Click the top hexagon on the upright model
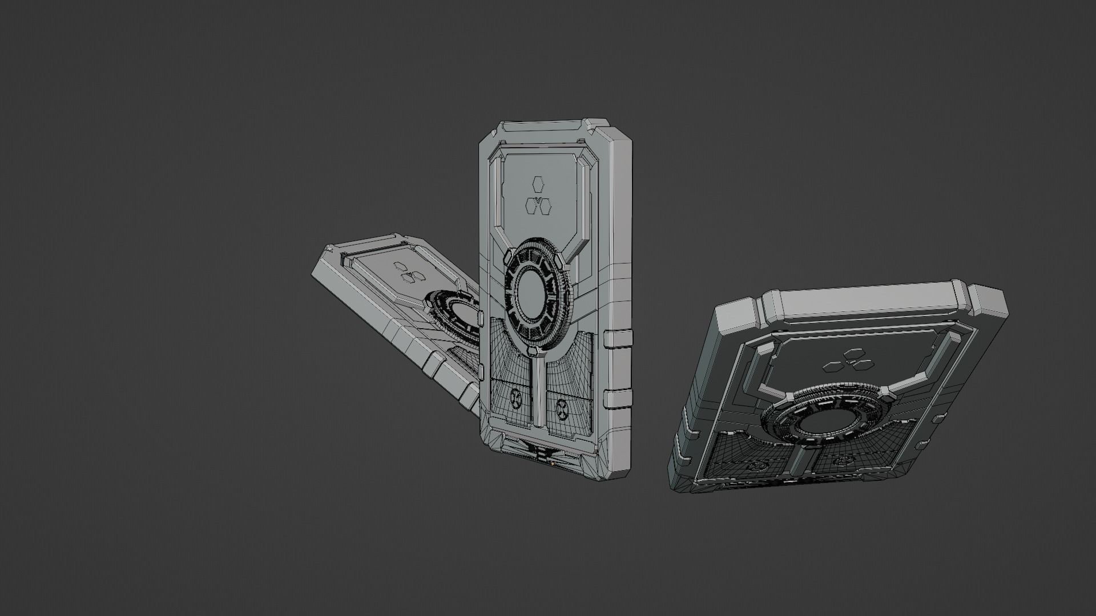[537, 183]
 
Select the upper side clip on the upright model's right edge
[618, 339]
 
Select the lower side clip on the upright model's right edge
[618, 399]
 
